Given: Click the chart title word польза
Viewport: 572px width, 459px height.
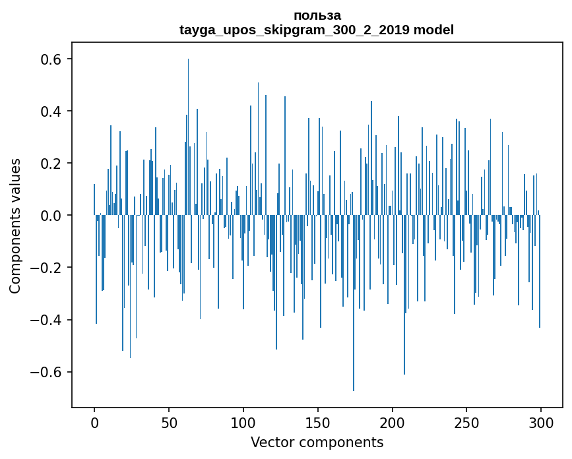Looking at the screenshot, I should click(317, 15).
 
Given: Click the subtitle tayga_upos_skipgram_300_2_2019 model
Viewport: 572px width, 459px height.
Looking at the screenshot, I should click(317, 30).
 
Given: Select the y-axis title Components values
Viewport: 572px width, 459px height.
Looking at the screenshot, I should click(15, 226).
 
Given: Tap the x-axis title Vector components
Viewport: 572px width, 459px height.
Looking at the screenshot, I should click(317, 442).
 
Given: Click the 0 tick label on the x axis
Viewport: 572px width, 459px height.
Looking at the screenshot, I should click(94, 422).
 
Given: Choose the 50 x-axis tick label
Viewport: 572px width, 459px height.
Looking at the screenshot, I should click(169, 422).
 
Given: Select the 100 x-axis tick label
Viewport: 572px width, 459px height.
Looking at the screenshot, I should click(243, 422).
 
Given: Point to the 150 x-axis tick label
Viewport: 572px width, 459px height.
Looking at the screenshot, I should click(318, 422).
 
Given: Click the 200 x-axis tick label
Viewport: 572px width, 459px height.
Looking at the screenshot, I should click(393, 422).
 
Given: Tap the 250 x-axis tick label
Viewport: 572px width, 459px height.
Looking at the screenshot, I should click(466, 422).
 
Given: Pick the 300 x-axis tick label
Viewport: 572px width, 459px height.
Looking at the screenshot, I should click(541, 422).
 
